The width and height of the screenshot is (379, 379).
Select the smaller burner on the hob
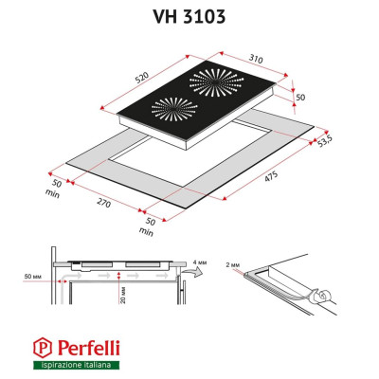[165, 113]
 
